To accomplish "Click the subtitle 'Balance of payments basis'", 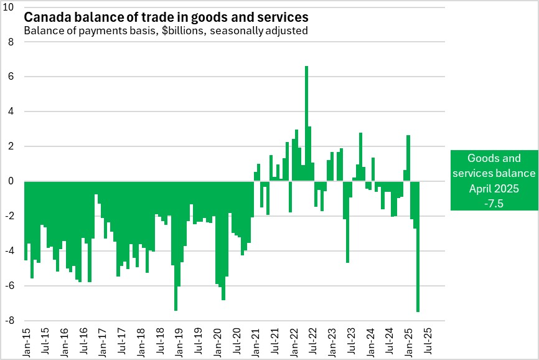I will (166, 30).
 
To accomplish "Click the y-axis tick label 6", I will (11, 77).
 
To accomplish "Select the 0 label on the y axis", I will (11, 181).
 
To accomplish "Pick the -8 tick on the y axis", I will (11, 321).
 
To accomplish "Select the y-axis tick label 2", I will (11, 146).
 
